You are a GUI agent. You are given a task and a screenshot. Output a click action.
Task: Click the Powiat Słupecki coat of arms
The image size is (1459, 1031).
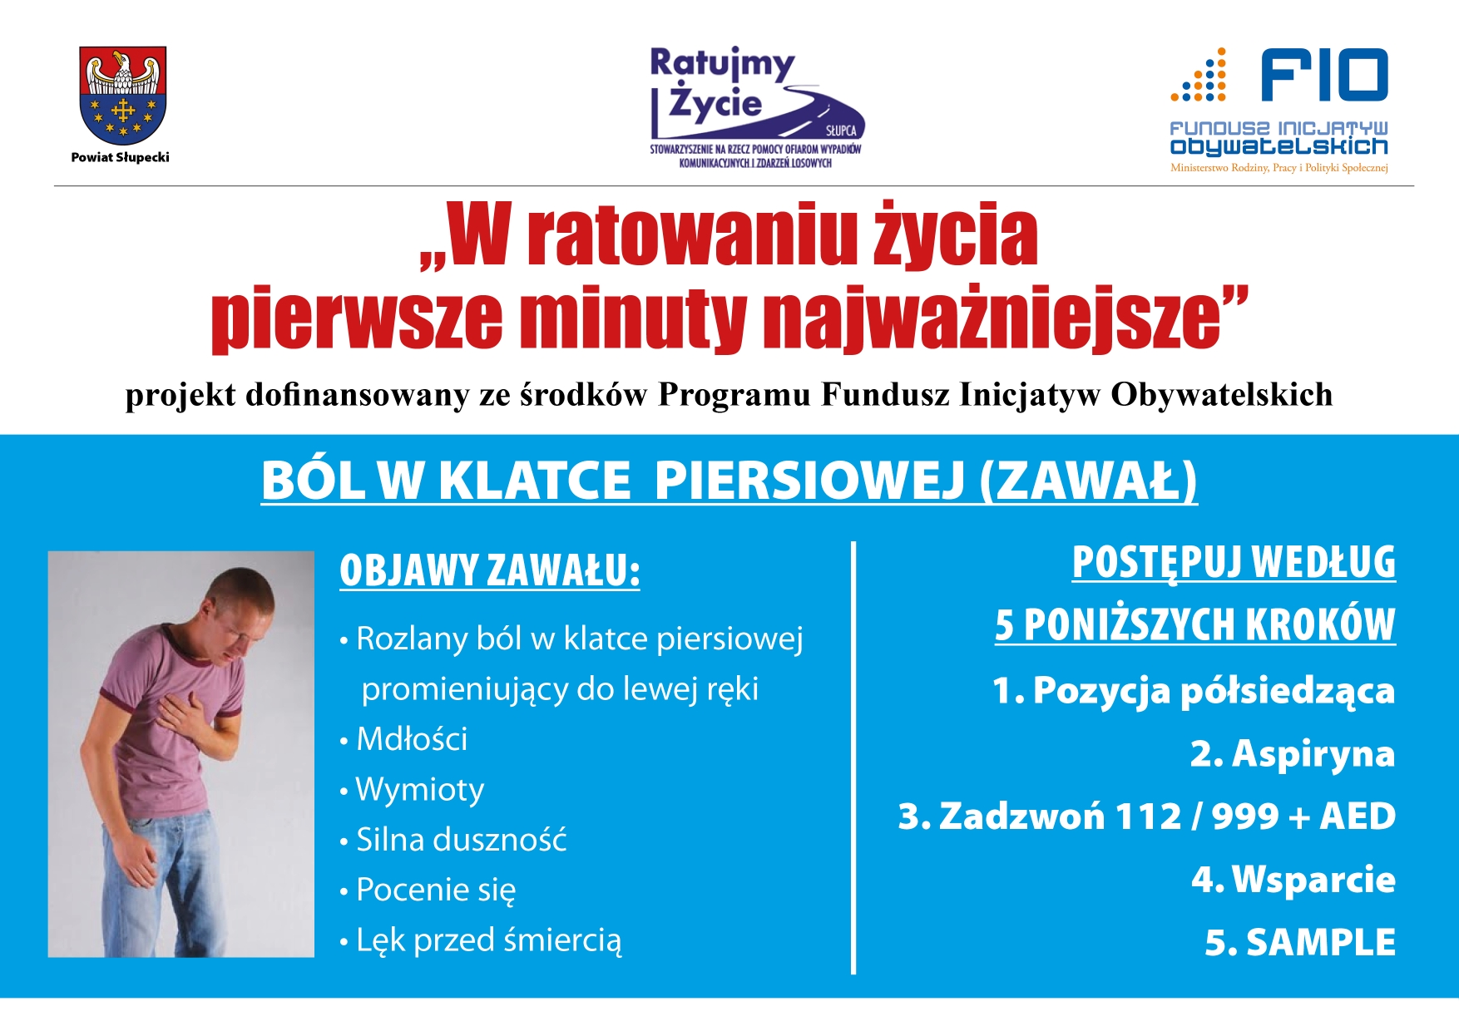point(123,96)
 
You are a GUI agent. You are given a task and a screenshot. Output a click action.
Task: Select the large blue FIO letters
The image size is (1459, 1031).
point(1324,75)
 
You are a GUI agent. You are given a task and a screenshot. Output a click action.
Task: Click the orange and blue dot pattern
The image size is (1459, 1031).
point(1199,76)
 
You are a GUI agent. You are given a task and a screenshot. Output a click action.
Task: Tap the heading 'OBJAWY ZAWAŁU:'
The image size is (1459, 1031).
point(490,570)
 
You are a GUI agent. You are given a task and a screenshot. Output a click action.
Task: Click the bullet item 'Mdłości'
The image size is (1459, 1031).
point(404,739)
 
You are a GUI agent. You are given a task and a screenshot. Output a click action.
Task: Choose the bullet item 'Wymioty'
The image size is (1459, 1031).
point(412,790)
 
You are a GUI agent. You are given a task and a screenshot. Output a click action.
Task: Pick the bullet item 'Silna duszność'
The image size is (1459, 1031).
point(453,840)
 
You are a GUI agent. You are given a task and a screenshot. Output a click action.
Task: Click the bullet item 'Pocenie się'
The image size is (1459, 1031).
point(428,890)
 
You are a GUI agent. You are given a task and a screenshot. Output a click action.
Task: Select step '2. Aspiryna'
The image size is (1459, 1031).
point(1293,754)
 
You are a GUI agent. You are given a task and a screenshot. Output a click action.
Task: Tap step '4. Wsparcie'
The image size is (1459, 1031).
point(1293,880)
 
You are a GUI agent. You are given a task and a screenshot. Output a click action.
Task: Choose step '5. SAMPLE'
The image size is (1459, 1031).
point(1300,942)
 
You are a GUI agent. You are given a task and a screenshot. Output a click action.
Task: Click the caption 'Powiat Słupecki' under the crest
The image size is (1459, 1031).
point(121,157)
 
